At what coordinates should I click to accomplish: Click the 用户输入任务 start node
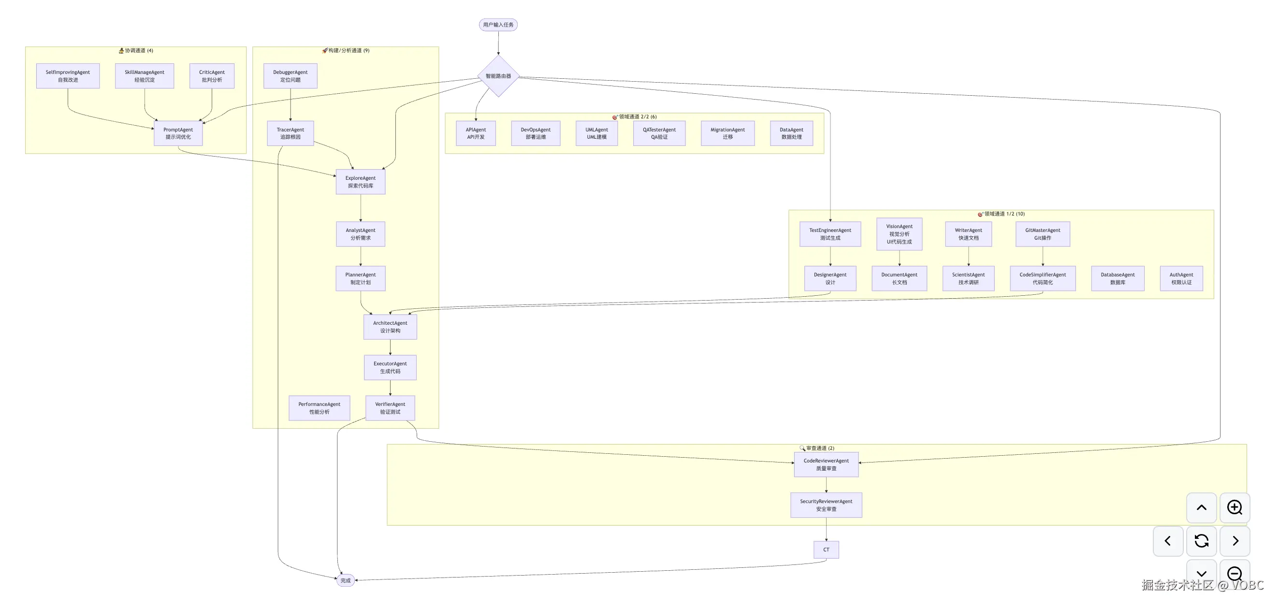(498, 25)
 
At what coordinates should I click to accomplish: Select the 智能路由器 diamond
(498, 76)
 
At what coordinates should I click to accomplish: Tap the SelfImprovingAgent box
(68, 76)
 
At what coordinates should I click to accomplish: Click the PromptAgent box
(178, 133)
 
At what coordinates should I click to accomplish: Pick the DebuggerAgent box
(291, 76)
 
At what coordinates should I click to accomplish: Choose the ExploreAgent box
(361, 182)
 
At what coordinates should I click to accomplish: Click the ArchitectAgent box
(390, 327)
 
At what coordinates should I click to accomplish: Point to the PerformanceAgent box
(319, 408)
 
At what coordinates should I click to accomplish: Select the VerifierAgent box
(390, 408)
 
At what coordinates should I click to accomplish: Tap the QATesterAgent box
(659, 133)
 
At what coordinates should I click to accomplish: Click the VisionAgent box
(899, 234)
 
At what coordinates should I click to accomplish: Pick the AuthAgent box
(1181, 278)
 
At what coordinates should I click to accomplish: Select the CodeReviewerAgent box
(826, 464)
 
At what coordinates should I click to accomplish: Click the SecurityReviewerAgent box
(826, 505)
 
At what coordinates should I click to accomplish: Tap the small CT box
(826, 550)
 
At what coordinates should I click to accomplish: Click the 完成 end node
(346, 580)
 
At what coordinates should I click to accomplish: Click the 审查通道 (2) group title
(820, 448)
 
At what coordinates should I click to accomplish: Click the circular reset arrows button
(1202, 541)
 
